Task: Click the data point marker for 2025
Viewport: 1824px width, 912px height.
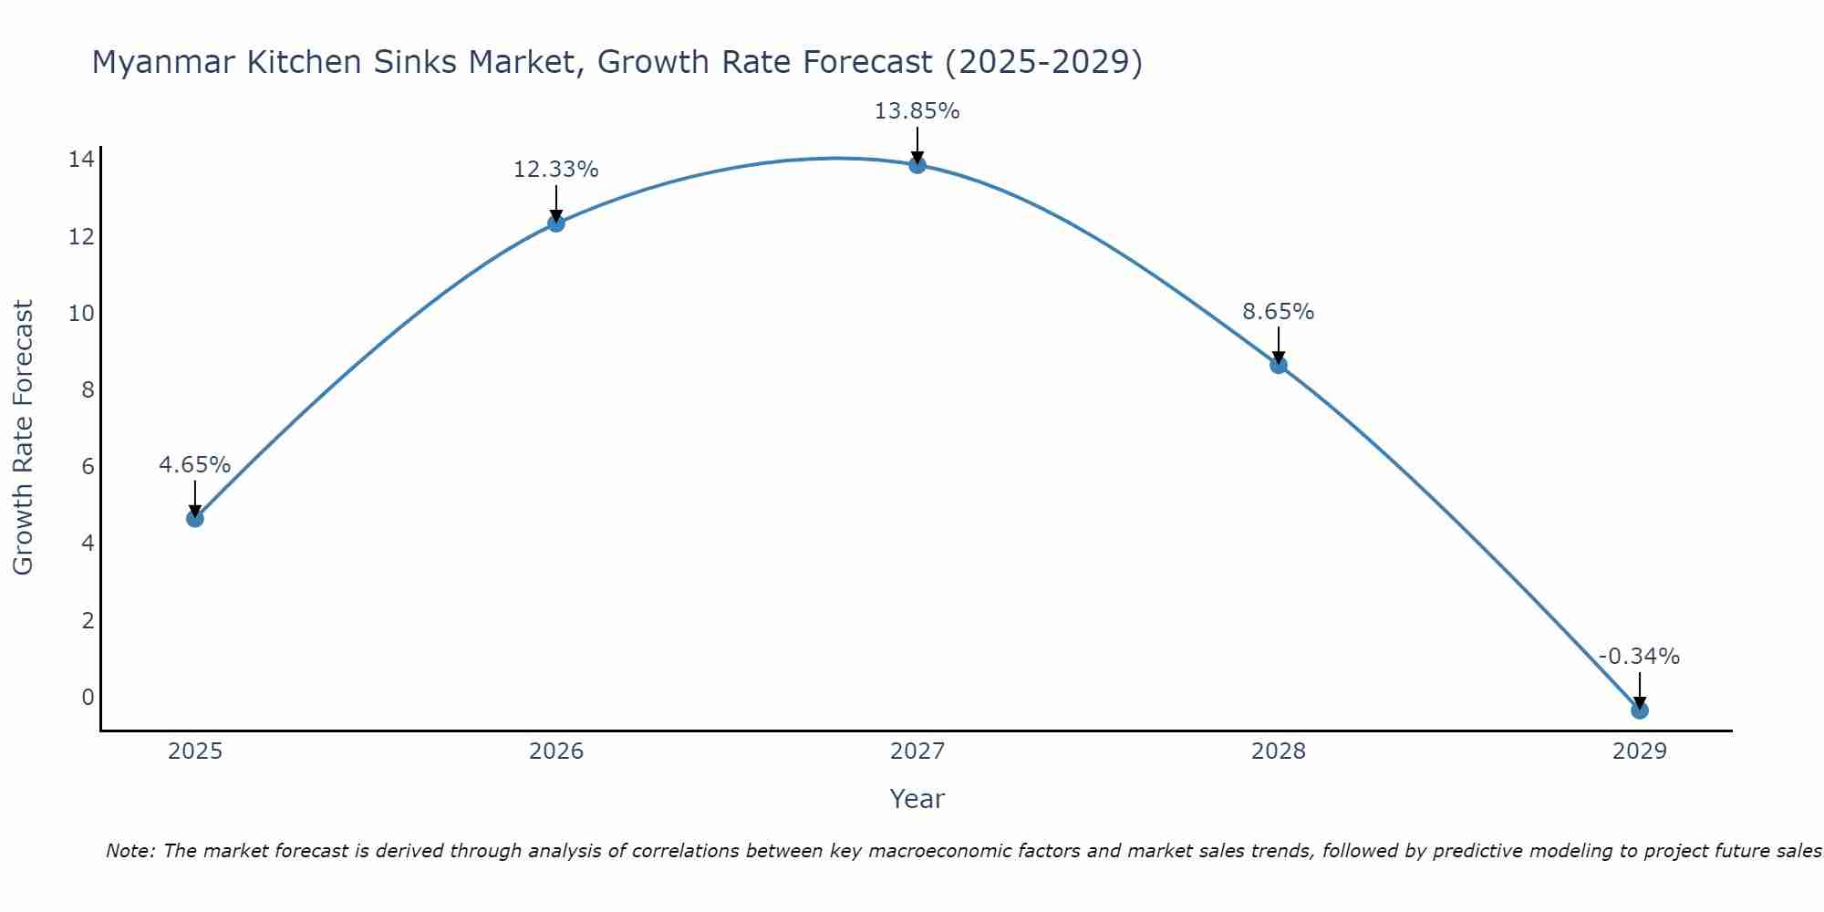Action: pos(194,518)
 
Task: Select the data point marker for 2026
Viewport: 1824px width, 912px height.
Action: pos(555,223)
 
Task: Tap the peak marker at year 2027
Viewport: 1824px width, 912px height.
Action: pos(917,165)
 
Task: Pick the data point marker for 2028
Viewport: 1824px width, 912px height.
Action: pos(1278,365)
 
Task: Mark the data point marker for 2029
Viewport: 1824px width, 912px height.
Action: pos(1639,710)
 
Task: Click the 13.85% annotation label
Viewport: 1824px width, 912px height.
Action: pos(917,111)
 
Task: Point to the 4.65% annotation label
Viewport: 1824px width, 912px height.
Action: pos(194,465)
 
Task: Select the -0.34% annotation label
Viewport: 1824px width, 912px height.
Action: pos(1639,657)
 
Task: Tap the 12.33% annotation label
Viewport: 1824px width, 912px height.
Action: pos(555,170)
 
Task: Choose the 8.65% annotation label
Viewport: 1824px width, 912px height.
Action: pos(1278,312)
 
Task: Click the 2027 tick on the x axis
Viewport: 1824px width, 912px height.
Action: pos(917,751)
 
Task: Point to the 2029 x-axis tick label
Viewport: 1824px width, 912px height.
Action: pos(1639,751)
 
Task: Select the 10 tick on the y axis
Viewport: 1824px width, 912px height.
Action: pos(81,314)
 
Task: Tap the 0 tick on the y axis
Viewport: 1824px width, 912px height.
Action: pos(88,698)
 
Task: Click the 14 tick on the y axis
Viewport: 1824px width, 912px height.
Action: pos(81,161)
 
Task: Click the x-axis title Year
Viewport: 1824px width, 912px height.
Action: pos(917,799)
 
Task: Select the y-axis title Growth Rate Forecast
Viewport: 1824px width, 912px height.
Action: pos(23,438)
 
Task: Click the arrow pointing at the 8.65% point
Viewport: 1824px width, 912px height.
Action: pos(1278,345)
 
